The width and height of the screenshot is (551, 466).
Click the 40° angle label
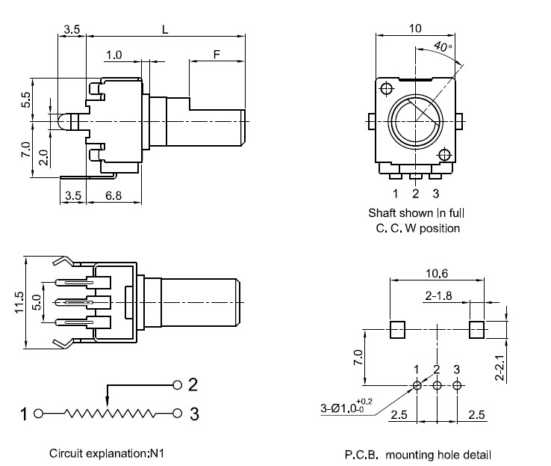click(x=443, y=46)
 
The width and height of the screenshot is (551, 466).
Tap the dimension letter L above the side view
click(x=165, y=29)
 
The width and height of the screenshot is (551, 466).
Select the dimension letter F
click(x=217, y=54)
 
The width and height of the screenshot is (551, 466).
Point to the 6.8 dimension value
click(x=113, y=195)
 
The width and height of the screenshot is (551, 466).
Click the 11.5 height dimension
click(x=19, y=302)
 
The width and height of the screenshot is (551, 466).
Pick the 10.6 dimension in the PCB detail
click(x=437, y=273)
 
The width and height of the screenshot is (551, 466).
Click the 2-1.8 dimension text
click(x=438, y=295)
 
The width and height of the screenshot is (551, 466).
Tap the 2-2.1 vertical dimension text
click(x=499, y=368)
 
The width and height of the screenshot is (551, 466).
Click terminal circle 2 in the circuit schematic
click(x=178, y=384)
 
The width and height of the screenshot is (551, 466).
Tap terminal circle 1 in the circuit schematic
click(x=38, y=414)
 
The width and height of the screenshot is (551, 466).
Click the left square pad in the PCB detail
click(x=397, y=329)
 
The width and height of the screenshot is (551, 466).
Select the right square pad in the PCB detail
click(x=476, y=329)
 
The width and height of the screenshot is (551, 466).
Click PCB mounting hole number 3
click(x=457, y=385)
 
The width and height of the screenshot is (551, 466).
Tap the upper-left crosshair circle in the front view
click(x=387, y=88)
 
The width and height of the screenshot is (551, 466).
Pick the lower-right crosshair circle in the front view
click(x=444, y=155)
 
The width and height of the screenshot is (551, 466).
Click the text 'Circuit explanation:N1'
click(x=107, y=453)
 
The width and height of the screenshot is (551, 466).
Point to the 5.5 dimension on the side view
click(x=25, y=99)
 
